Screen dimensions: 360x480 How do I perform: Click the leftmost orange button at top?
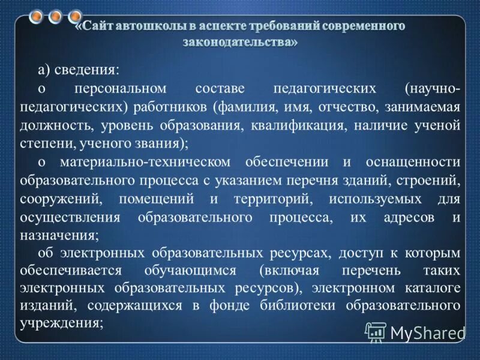coord(38,16)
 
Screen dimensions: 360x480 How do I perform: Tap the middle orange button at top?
coord(56,16)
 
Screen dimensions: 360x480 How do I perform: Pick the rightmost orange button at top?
coord(74,16)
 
